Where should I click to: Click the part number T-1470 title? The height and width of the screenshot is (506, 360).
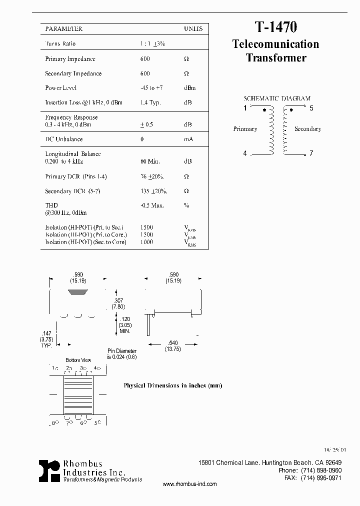click(x=276, y=26)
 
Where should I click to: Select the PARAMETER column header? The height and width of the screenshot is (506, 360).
click(x=64, y=29)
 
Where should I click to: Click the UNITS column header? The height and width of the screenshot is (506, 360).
click(x=193, y=29)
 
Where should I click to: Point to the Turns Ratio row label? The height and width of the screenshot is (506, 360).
click(x=60, y=44)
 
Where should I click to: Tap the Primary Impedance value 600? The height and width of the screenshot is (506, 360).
click(x=145, y=59)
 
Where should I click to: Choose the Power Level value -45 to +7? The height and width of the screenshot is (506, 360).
click(x=152, y=88)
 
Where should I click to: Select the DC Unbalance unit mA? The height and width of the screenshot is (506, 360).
click(x=188, y=139)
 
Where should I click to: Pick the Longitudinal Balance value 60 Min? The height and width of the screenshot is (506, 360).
click(x=150, y=161)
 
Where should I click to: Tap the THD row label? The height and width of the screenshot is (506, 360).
click(x=51, y=205)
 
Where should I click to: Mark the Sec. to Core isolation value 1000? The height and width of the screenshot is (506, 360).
click(x=147, y=242)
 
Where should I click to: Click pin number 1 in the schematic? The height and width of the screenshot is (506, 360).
click(x=245, y=108)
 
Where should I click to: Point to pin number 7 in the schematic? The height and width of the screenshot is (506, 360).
click(x=311, y=153)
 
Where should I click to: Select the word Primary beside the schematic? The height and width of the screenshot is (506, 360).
click(x=245, y=129)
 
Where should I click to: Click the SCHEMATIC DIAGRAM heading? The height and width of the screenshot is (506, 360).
click(x=277, y=98)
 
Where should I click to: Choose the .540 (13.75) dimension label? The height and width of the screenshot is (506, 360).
click(x=172, y=345)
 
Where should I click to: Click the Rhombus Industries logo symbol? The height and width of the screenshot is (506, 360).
click(x=49, y=470)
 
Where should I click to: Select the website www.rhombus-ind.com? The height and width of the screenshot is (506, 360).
click(x=190, y=484)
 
